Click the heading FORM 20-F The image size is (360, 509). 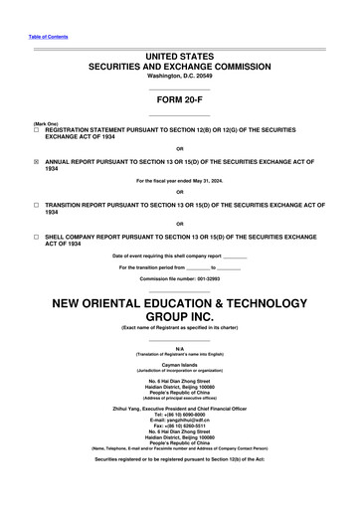[x=180, y=99]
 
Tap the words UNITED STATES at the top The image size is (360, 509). [x=180, y=59]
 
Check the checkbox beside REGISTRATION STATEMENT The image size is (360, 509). [x=37, y=130]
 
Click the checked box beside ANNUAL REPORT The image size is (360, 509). [x=37, y=161]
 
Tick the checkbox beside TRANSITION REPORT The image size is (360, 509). [x=37, y=204]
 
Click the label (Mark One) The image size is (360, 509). [x=46, y=122]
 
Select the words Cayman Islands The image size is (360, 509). [x=180, y=364]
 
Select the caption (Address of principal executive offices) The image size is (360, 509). [x=180, y=397]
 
